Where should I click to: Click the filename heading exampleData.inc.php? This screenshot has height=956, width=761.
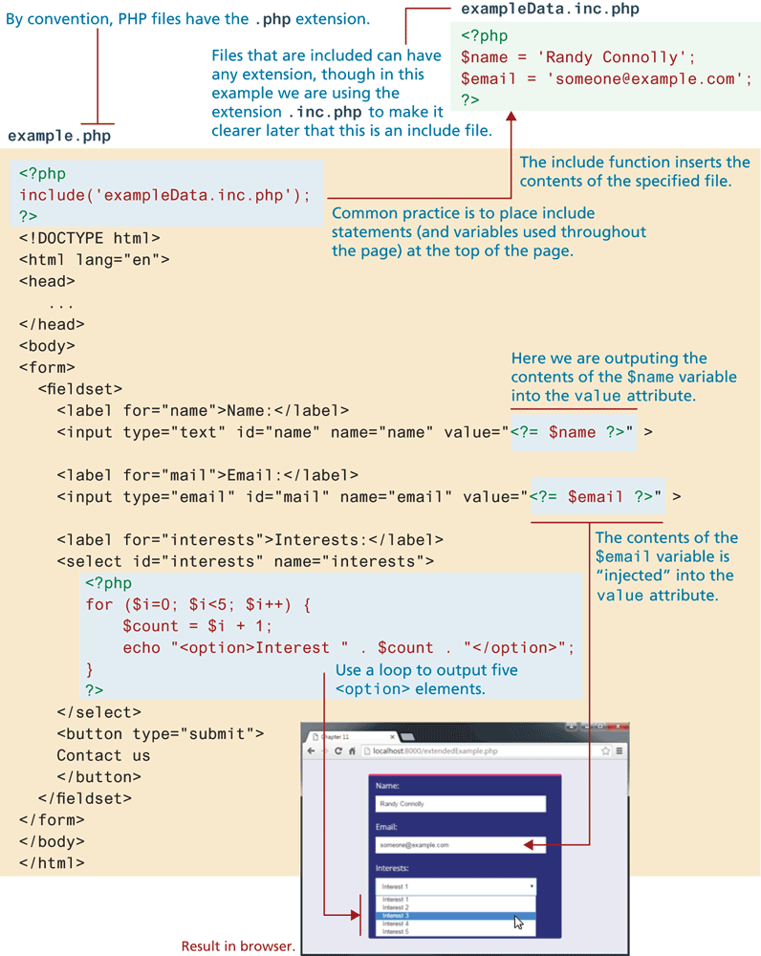pos(550,10)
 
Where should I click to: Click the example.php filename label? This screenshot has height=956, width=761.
pos(58,136)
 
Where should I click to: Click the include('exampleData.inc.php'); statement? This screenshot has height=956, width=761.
pos(165,195)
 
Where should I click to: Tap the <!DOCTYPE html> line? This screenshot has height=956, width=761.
pos(89,238)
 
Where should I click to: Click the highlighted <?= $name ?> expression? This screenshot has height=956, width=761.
pos(572,432)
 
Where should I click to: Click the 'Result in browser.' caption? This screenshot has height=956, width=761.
pos(238,945)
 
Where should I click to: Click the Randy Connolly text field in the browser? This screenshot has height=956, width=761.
pos(460,804)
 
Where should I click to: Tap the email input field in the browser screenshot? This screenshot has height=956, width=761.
pos(449,845)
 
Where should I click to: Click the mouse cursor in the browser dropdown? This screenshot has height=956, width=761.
pos(518,922)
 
